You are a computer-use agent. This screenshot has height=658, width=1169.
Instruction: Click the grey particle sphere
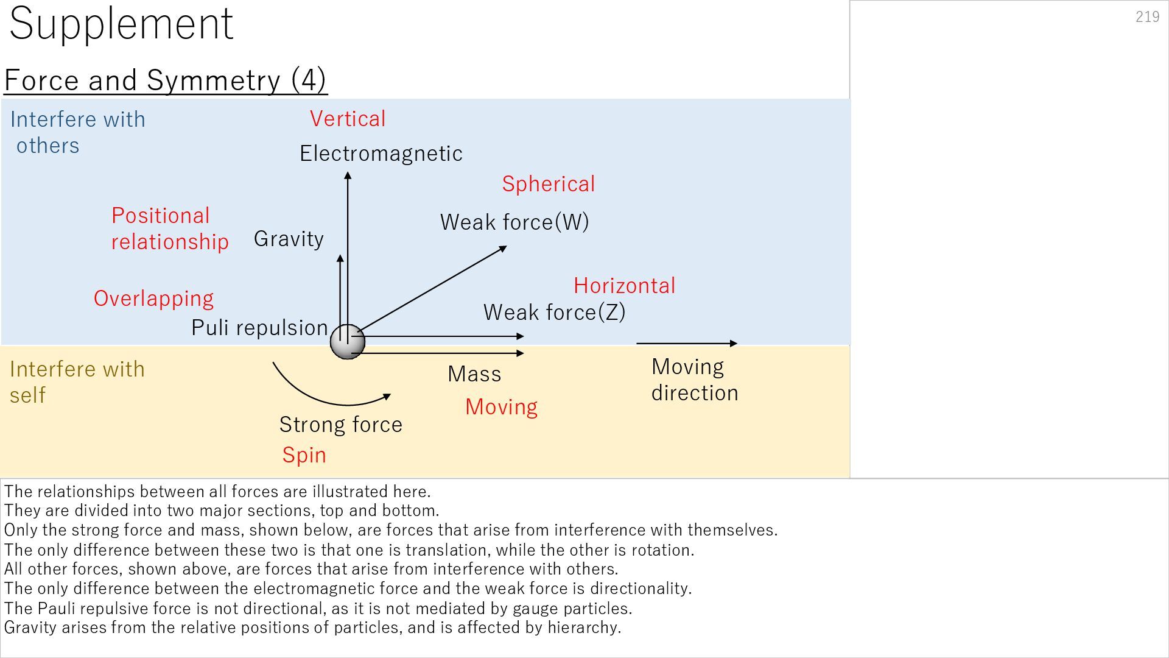coord(347,342)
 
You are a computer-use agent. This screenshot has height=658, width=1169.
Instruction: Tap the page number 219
coord(1147,16)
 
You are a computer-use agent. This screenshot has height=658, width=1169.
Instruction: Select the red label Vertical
coord(348,119)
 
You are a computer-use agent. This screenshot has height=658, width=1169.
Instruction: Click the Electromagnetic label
coord(381,154)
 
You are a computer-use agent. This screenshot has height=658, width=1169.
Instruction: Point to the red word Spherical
coord(548,184)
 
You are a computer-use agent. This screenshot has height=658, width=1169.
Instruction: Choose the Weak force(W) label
coord(514,222)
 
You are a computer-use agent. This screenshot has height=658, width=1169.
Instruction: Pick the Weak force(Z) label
coord(554,313)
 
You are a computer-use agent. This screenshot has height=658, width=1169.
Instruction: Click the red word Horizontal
coord(624,286)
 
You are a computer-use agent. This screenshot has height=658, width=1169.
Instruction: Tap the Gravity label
coord(289,239)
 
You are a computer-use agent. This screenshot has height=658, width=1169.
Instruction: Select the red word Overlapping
coord(153,299)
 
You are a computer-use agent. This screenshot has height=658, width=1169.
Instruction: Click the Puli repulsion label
coord(259,328)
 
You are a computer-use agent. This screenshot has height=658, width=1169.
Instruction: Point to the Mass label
coord(474,374)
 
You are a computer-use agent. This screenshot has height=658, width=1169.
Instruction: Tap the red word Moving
coord(501,407)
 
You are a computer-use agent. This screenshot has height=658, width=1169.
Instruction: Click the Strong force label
coord(340,425)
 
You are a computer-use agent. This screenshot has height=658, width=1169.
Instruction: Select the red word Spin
coord(304,455)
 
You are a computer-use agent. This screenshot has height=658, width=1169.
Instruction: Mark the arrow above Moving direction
coord(686,344)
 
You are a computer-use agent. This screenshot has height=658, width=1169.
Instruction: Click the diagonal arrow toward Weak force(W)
coord(432,289)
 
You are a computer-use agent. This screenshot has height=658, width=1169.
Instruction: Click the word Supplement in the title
coord(121,24)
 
